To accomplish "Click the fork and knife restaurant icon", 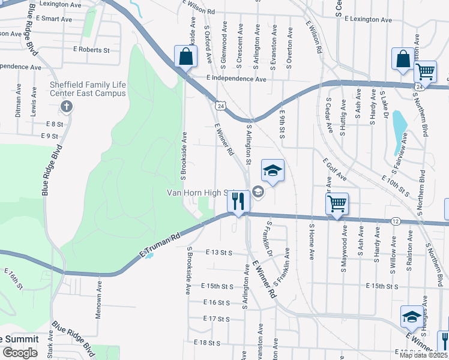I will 239,201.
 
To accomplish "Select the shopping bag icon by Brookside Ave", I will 186,58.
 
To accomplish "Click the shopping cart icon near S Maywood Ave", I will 337,203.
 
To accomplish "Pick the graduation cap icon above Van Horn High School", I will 273,170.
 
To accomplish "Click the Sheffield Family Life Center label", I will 88,89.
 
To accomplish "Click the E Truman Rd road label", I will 160,246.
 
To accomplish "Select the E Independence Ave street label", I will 236,79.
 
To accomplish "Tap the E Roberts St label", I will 91,50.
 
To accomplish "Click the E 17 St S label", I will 216,319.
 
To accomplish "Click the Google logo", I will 20,352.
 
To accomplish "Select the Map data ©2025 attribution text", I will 423,355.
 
